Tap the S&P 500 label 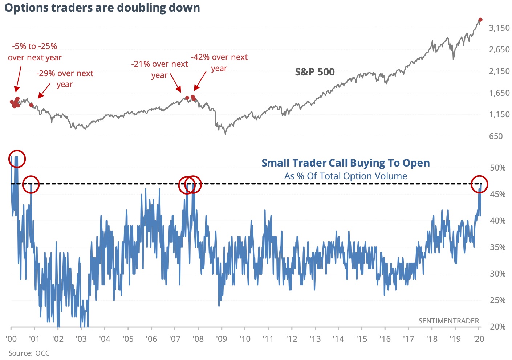click(314, 72)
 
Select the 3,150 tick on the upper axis click(499, 28)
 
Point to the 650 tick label click(496, 136)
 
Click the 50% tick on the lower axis click(497, 168)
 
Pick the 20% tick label click(497, 327)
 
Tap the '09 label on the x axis click(222, 339)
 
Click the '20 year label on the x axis click(479, 339)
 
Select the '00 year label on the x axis click(11, 339)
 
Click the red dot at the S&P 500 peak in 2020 click(480, 20)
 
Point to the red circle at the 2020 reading click(479, 184)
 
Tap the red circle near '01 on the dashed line click(31, 184)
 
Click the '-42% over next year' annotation click(219, 62)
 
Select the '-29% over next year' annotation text click(65, 79)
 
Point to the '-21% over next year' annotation click(159, 69)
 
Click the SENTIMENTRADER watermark click(448, 321)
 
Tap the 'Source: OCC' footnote click(29, 353)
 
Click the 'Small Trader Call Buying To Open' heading click(345, 163)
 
